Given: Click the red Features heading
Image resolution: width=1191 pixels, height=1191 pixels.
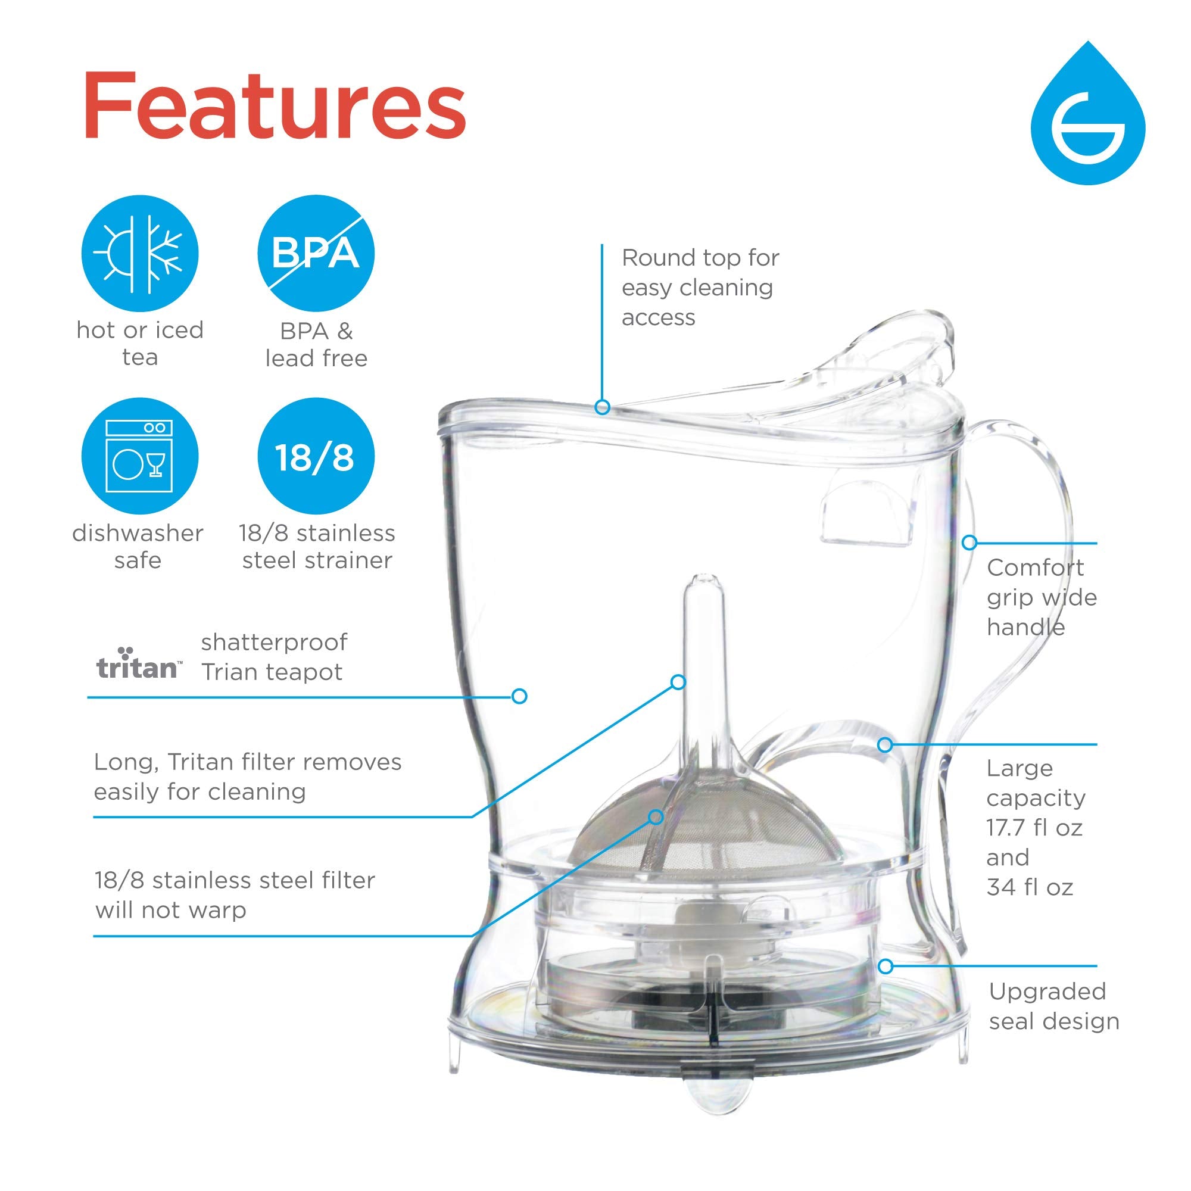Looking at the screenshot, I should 275,106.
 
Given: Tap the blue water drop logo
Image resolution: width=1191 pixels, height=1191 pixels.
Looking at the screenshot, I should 1087,120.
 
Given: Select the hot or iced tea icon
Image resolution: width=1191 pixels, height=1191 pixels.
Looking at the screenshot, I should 140,253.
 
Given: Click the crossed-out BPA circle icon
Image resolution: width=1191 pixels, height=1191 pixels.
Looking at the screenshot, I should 316,253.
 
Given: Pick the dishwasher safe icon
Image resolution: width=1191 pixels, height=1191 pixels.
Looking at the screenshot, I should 140,456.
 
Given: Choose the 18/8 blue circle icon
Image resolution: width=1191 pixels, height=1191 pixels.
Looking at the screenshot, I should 316,456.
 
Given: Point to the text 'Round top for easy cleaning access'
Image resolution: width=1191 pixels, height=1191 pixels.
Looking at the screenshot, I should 700,287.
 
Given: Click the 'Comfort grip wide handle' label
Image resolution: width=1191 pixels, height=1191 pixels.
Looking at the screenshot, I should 1041,597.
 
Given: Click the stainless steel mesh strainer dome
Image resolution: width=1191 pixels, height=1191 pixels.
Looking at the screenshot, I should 703,826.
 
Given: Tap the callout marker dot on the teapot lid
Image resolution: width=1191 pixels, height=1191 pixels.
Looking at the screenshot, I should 602,407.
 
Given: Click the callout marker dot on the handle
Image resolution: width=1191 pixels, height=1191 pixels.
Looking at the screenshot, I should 969,543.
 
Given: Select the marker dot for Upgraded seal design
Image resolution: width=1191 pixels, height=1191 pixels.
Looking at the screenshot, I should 886,966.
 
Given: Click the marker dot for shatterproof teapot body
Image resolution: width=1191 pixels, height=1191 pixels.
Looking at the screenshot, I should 519,697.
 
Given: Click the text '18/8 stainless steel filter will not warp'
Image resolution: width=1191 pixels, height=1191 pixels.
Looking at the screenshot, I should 234,894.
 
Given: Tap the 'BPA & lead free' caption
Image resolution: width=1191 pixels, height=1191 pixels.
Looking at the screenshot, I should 316,345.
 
